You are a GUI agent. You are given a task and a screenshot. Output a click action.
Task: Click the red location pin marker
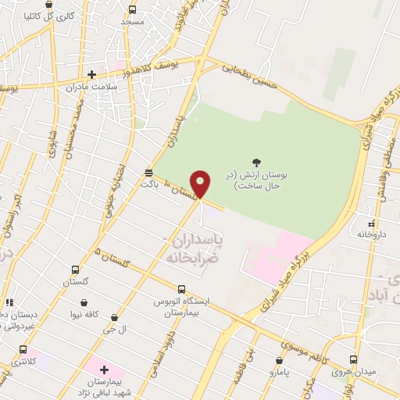coord(202,184)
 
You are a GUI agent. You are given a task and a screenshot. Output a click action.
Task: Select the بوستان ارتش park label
coord(257,182)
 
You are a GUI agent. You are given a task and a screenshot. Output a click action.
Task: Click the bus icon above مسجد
coord(132,9)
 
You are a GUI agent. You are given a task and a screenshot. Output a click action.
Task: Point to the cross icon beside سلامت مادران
coord(91,75)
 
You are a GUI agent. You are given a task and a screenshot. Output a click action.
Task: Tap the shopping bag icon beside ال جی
coord(116,318)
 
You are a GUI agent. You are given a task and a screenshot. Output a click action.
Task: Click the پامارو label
coord(280,373)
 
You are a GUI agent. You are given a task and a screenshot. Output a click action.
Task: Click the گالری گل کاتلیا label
coord(48,15)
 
